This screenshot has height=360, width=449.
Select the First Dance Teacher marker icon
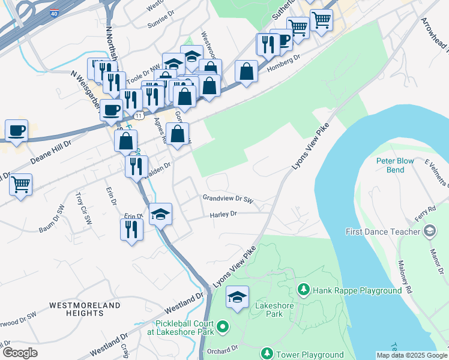430,231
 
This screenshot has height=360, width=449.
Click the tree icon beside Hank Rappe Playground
304,290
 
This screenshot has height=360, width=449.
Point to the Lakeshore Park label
268,309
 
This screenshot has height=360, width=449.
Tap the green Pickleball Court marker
223,327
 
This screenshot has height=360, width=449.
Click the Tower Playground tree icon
267,354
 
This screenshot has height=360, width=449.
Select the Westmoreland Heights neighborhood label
85,309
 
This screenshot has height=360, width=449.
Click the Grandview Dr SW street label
229,197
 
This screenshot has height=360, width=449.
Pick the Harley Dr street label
224,214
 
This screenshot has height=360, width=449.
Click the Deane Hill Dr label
51,153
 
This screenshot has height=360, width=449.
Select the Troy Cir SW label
83,208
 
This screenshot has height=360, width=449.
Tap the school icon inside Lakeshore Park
238,297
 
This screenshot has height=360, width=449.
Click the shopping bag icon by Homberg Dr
247,71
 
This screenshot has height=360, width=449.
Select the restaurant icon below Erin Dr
131,228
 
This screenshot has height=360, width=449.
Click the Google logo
20,353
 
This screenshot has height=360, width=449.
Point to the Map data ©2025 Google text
411,355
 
